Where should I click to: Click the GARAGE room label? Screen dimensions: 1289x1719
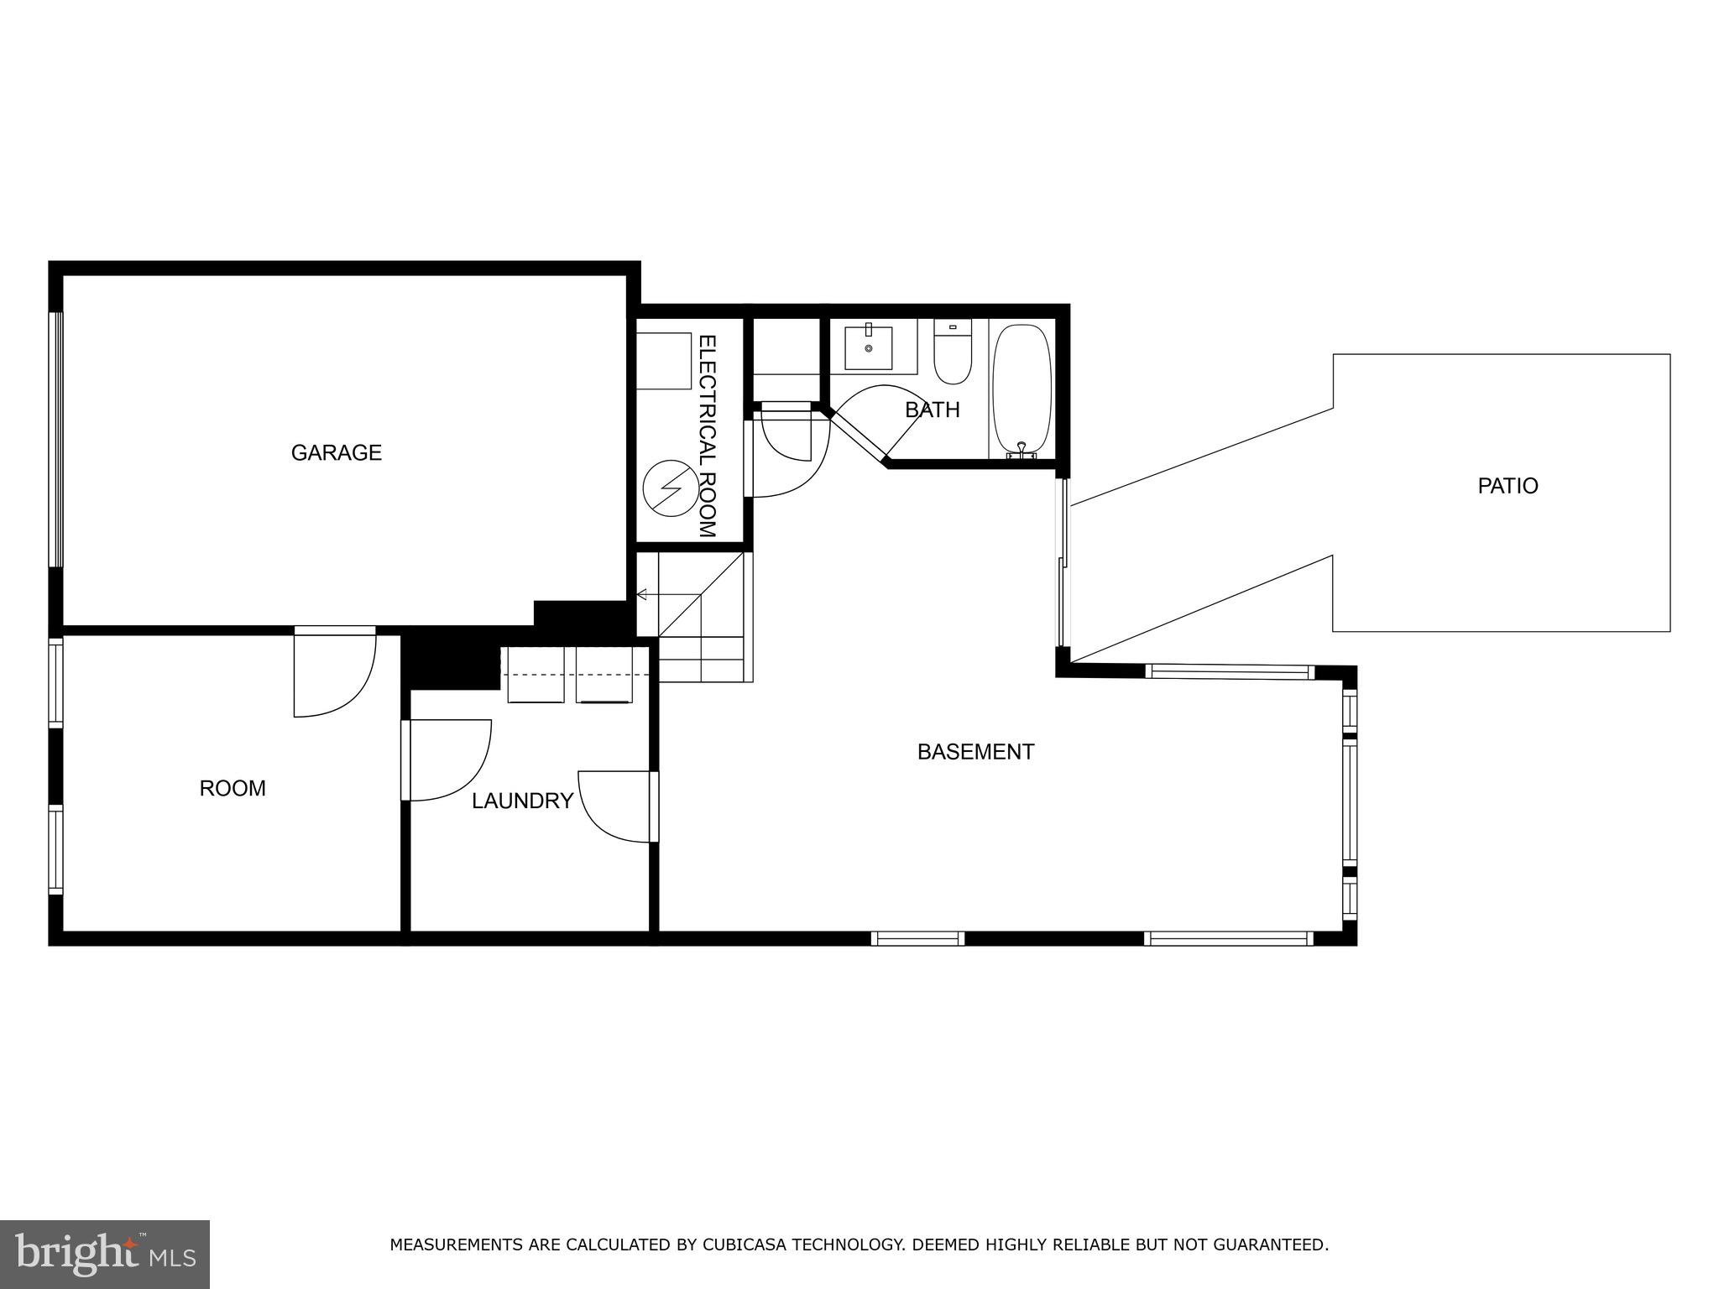tap(336, 453)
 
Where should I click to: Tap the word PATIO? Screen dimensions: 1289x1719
tap(1507, 486)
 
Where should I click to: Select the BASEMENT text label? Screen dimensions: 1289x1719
tap(975, 752)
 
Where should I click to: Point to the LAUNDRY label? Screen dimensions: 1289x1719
tap(522, 801)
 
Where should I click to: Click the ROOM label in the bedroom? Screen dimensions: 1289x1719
tap(233, 789)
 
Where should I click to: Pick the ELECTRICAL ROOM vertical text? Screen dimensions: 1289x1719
tap(708, 436)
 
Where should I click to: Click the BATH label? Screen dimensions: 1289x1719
tap(932, 410)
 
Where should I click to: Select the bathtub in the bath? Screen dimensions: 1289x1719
tap(1021, 390)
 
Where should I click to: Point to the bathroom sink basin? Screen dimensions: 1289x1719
tap(868, 347)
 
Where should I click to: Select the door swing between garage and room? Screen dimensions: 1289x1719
tap(334, 671)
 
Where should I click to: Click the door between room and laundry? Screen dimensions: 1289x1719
tap(445, 759)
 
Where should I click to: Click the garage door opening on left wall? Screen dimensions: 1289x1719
tap(55, 439)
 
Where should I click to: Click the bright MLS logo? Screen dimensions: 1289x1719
tap(105, 1254)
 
